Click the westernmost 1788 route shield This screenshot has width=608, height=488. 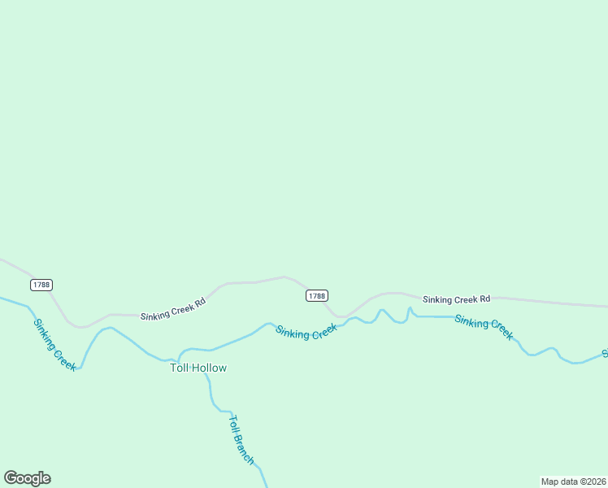pos(41,285)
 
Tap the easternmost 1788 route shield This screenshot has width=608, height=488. pos(317,296)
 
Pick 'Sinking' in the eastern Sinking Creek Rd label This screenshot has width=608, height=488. pos(437,299)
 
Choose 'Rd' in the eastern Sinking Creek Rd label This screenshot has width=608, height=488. pos(484,299)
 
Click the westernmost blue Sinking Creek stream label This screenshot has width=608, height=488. pos(54,345)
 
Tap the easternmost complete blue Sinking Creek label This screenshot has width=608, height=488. pos(484,327)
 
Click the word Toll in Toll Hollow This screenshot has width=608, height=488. pos(179,368)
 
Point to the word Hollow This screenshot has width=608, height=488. pos(210,368)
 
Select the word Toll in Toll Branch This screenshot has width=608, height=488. pos(233,425)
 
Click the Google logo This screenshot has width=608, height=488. pos(27,478)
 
